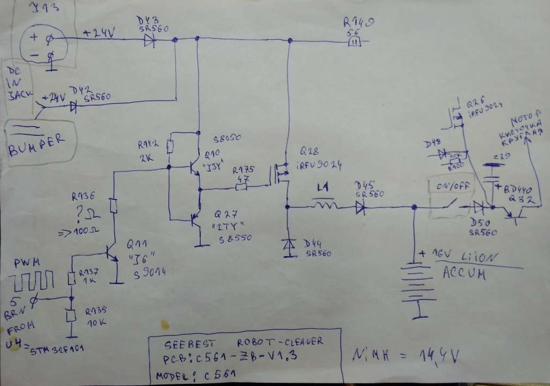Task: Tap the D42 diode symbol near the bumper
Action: pos(74,106)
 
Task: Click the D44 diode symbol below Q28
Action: pos(287,246)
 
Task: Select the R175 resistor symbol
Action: pos(241,188)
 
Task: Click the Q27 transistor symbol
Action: pos(195,219)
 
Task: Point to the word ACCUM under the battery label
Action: pos(464,273)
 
